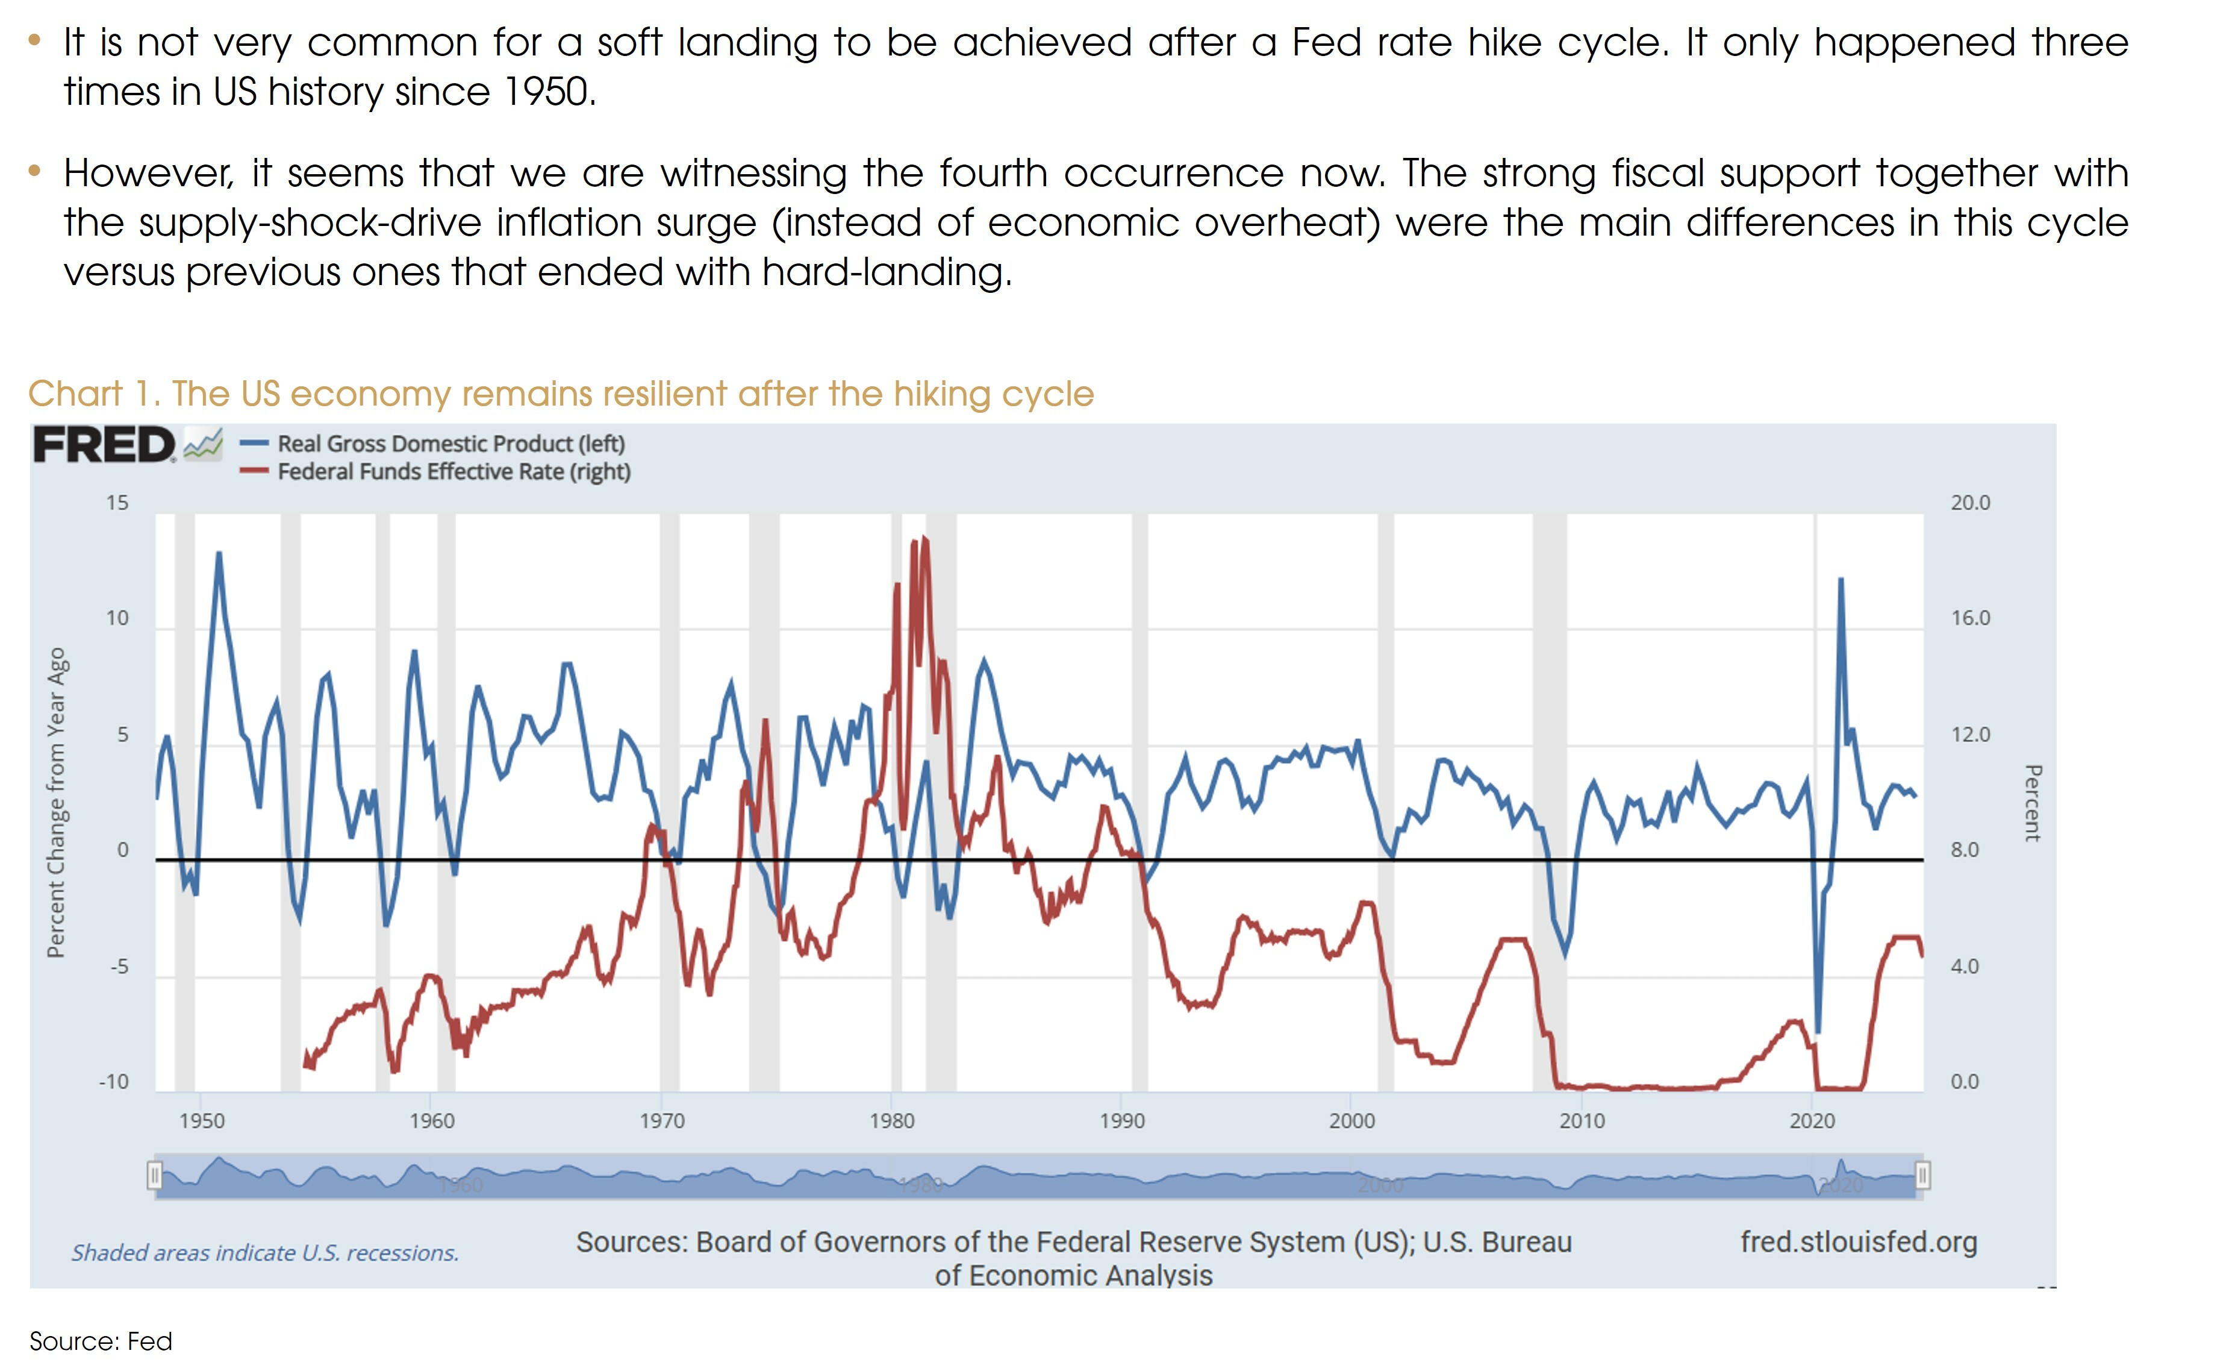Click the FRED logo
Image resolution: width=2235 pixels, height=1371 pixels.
pos(127,445)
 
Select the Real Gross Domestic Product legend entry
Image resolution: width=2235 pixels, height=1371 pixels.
pos(450,444)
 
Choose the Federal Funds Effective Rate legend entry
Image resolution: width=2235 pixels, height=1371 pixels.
pos(454,472)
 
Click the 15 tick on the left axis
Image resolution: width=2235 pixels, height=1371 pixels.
pos(117,503)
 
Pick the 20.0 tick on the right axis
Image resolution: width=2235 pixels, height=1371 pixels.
pos(1970,503)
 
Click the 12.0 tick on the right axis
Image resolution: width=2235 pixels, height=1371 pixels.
pos(1970,734)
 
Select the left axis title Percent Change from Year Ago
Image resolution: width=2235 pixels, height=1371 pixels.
pos(56,802)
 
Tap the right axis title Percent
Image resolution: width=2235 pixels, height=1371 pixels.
pos(2032,802)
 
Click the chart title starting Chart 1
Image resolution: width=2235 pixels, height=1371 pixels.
pos(561,394)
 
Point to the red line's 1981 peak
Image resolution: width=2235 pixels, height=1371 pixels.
pos(924,538)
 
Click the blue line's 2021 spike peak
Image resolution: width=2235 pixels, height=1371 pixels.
pos(1841,579)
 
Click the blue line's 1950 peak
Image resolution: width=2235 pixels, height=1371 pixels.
pos(219,553)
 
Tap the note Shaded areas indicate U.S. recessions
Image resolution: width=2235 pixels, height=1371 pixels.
pos(265,1253)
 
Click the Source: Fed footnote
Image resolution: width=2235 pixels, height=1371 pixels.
pos(101,1341)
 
